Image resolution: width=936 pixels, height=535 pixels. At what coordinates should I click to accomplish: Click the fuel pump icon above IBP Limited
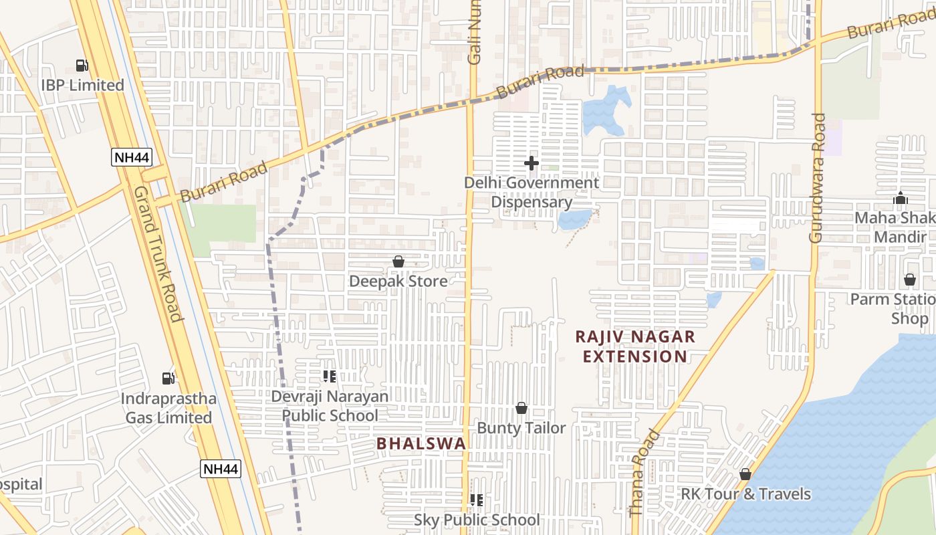[x=82, y=66]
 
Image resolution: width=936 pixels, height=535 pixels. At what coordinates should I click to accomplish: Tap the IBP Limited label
[x=82, y=86]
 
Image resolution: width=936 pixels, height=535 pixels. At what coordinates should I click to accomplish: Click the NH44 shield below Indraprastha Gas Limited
[x=220, y=469]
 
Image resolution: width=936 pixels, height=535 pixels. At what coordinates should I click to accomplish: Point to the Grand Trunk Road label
[x=158, y=253]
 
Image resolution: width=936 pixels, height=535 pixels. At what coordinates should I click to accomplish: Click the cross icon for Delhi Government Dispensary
[x=532, y=163]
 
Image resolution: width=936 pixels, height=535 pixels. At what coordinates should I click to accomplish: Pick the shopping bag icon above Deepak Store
[x=398, y=261]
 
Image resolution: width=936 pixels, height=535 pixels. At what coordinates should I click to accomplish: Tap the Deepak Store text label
[x=398, y=282]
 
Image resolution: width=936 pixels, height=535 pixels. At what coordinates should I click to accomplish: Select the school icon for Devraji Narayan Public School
[x=329, y=377]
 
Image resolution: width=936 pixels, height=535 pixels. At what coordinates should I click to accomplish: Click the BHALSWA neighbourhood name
[x=421, y=443]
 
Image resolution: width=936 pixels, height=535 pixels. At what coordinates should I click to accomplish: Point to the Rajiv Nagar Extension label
[x=634, y=346]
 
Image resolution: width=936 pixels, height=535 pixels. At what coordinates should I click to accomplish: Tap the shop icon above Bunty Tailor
[x=521, y=408]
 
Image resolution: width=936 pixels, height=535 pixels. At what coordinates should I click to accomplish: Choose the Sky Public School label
[x=477, y=520]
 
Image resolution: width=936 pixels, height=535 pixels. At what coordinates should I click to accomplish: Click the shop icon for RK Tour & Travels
[x=745, y=474]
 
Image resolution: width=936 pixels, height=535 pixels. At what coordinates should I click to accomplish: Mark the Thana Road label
[x=645, y=473]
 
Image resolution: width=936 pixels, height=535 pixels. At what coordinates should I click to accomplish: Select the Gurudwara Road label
[x=818, y=178]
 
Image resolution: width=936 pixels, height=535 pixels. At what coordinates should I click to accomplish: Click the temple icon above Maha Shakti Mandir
[x=901, y=199]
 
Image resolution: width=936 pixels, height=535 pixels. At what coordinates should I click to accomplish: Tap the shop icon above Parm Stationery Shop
[x=910, y=280]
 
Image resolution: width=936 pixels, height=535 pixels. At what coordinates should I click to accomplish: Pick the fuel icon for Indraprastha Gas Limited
[x=168, y=379]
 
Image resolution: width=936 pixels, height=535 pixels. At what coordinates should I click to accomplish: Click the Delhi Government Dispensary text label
[x=532, y=193]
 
